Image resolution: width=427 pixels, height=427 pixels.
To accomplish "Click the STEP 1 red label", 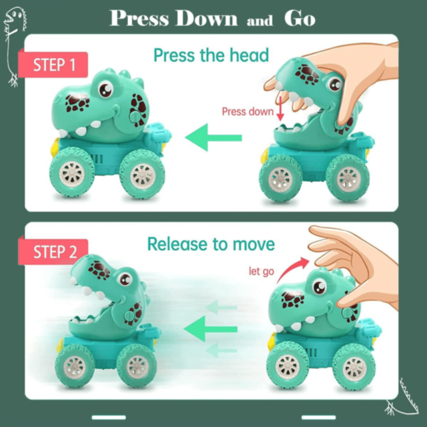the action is point(53,65).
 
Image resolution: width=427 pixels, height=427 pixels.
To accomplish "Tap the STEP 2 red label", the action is point(53,252).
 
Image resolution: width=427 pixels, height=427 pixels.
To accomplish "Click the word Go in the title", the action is point(300,19).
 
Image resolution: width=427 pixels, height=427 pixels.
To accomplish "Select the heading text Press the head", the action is point(211,55).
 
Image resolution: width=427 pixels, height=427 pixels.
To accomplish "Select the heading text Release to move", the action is point(211,244).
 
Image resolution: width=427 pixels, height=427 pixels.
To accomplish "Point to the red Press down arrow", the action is point(280,109).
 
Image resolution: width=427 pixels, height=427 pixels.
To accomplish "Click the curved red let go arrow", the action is point(293,269).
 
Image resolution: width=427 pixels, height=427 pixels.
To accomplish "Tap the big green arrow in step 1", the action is point(213,137).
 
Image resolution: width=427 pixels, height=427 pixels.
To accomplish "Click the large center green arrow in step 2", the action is point(211,329).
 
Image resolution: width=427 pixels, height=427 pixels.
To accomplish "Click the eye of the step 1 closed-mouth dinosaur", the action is point(105,89).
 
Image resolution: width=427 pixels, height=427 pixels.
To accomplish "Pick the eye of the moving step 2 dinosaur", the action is point(125,279).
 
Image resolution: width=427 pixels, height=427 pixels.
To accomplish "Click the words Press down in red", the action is point(248,111).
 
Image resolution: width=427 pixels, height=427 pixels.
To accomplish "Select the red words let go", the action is point(261,272).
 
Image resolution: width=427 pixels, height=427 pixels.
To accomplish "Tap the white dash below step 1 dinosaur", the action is point(109,418).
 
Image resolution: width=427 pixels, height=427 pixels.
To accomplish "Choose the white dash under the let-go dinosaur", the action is point(319,418).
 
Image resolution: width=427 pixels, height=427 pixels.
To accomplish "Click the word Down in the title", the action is point(206,19).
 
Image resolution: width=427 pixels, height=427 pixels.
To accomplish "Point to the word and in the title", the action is point(260,21).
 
